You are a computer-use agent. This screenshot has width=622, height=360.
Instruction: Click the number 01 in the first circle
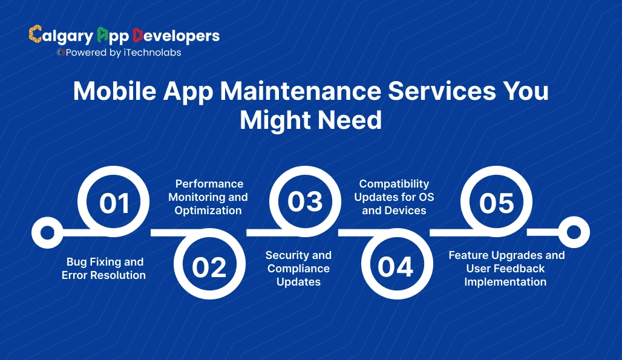point(114,203)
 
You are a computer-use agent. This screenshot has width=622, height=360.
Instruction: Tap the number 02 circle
point(209,267)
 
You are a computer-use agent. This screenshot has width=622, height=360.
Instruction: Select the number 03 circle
point(304,201)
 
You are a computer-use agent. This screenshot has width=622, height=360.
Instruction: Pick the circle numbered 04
point(396,267)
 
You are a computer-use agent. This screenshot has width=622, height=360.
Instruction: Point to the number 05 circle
point(496,203)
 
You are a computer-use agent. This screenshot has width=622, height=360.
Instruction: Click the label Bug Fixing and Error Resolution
point(103,269)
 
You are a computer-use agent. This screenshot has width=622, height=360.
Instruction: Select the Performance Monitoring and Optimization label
point(208,197)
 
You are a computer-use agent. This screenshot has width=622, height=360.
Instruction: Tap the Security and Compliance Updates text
point(298,269)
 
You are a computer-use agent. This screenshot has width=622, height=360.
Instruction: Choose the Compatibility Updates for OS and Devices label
point(394,197)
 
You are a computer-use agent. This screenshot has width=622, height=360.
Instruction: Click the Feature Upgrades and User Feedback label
point(506,269)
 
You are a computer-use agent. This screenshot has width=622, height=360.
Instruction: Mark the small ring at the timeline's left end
point(44,232)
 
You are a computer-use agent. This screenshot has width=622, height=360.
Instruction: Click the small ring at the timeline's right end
point(573,232)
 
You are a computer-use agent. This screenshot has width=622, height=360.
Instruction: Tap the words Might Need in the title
point(310,120)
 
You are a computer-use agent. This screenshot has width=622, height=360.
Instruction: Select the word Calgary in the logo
point(61,36)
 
